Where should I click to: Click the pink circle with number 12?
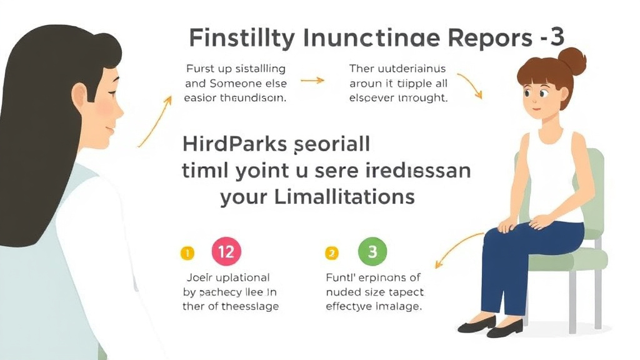point(226,252)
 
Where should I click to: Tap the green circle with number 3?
point(372,252)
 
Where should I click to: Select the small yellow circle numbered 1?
point(187,253)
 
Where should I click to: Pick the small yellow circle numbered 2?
point(332,253)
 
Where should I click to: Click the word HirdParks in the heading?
point(235,144)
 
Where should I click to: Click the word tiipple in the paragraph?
point(414,82)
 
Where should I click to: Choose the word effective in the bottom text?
point(349,306)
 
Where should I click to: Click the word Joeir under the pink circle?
point(200,277)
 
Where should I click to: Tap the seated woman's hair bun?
point(571,61)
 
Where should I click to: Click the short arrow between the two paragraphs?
point(312,81)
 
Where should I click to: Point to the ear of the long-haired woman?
point(79,95)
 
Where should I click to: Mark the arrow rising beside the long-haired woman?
point(155,121)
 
